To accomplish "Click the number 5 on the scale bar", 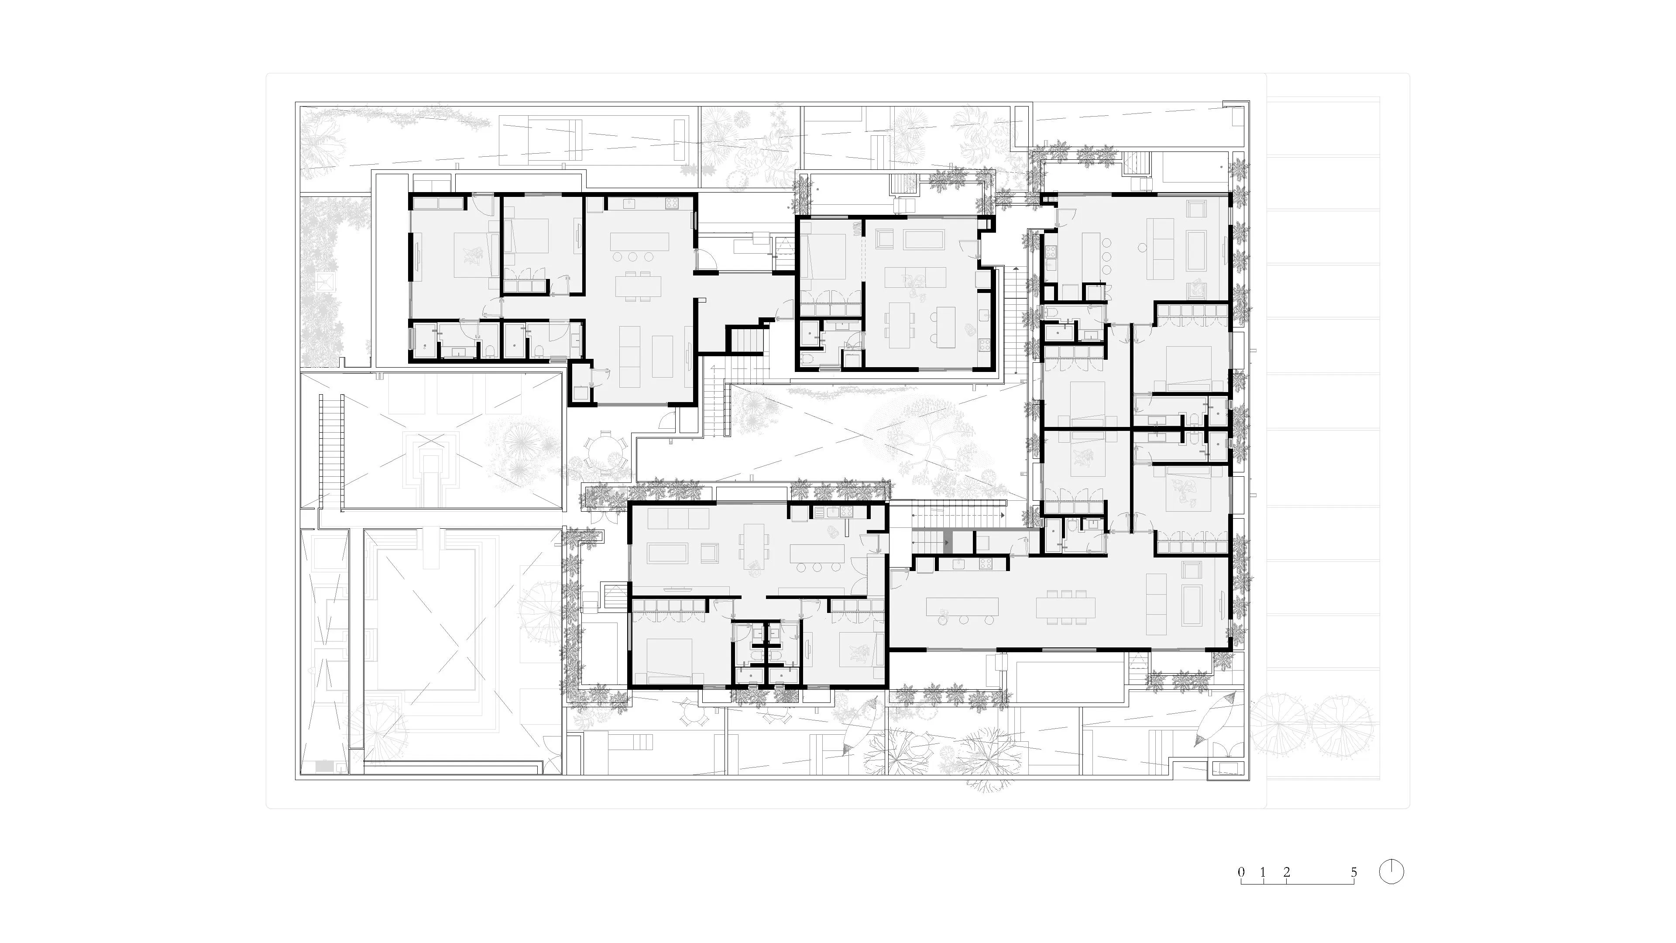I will pos(1353,872).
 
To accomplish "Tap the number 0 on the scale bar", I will pos(1241,872).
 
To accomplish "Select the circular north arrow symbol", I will pos(1391,872).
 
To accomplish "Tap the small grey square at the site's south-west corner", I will pos(324,767).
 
